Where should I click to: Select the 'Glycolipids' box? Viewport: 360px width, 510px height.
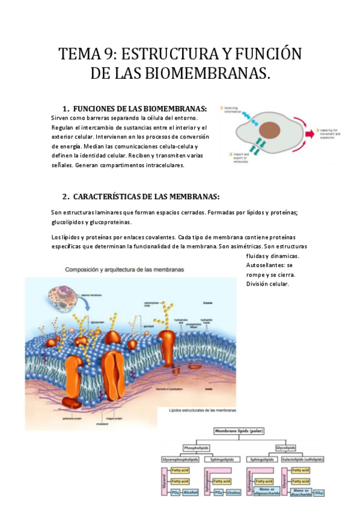[285, 448]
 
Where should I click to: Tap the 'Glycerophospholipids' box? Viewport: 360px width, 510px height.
[180, 459]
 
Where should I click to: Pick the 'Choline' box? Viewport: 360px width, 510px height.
[234, 493]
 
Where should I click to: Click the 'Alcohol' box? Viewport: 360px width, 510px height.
[191, 493]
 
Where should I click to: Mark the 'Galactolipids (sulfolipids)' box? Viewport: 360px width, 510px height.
[304, 459]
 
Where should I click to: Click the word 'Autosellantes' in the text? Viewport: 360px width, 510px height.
[266, 265]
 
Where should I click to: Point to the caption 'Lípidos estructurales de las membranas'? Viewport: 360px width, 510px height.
[202, 410]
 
